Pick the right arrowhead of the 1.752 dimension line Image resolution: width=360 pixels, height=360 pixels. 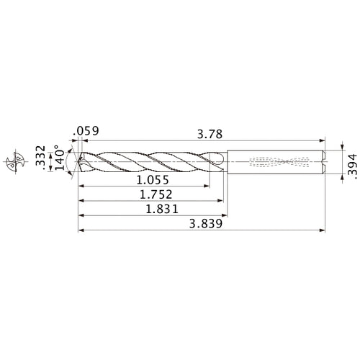pyautogui.click(x=219, y=201)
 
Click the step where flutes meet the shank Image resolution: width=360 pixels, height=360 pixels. pyautogui.click(x=227, y=162)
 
